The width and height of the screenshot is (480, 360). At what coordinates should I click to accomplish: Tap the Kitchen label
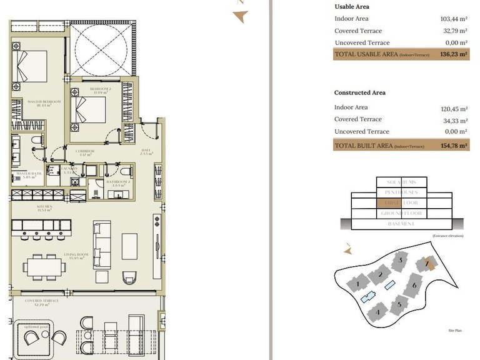(44, 207)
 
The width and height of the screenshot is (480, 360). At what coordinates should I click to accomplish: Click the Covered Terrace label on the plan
(42, 302)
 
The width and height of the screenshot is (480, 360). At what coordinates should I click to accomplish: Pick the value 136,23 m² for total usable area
(453, 55)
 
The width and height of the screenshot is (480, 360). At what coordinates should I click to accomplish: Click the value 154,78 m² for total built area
(453, 146)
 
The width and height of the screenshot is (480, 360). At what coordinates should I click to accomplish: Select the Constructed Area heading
(359, 92)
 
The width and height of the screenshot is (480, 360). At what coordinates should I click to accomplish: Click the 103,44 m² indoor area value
(454, 19)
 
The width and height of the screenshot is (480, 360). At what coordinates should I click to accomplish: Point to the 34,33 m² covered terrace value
(454, 119)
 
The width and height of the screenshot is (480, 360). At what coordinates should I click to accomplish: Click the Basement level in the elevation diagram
(401, 224)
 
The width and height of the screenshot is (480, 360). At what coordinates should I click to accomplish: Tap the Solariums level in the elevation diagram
(402, 182)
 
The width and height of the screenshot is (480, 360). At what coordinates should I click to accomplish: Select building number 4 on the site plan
(377, 312)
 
